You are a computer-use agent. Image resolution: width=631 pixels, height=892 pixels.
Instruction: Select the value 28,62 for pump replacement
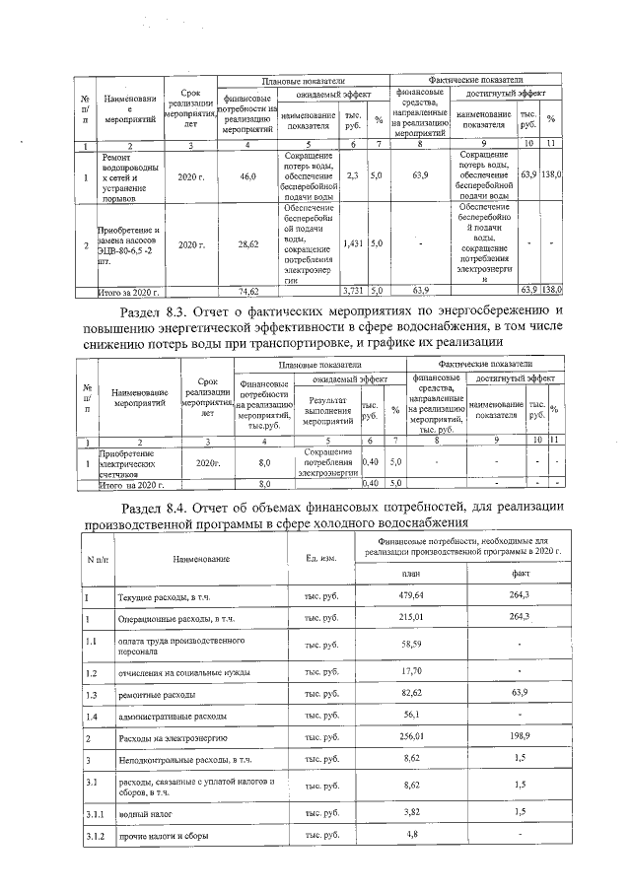(x=248, y=242)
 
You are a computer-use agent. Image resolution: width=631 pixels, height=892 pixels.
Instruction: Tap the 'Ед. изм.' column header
(x=322, y=559)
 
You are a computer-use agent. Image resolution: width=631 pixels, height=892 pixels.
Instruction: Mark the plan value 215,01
(x=412, y=617)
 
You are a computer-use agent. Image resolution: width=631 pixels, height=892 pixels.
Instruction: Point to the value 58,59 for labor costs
(x=412, y=644)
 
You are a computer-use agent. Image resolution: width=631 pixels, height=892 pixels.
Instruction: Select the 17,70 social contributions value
(x=412, y=672)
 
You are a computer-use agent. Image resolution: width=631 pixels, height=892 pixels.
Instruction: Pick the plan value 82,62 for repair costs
(x=412, y=695)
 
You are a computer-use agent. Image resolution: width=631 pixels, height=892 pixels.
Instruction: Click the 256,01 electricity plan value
(x=412, y=737)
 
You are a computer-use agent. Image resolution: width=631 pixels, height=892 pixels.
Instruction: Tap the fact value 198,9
(x=520, y=737)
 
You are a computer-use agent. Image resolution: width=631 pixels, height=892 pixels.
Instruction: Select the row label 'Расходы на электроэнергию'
(x=174, y=737)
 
